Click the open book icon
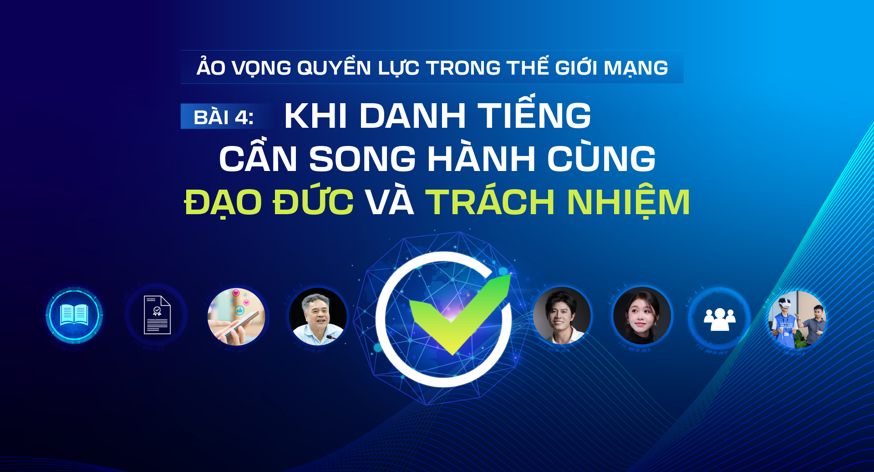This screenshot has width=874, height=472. [x=74, y=315]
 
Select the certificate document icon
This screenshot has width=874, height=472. [x=157, y=315]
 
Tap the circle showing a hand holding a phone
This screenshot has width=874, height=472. [x=236, y=316]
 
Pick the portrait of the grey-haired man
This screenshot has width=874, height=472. [x=318, y=316]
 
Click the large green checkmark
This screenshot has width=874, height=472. [x=457, y=314]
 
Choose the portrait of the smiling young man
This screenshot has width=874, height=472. [x=562, y=316]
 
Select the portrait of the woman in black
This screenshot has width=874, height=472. [x=641, y=316]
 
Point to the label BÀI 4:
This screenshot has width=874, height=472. [x=224, y=117]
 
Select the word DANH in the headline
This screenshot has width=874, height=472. [x=412, y=115]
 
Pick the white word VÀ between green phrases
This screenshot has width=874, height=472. [x=390, y=202]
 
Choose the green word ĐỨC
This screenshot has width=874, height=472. [x=313, y=202]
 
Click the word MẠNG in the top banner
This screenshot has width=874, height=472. [x=635, y=68]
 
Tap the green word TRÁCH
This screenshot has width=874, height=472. [x=490, y=202]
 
